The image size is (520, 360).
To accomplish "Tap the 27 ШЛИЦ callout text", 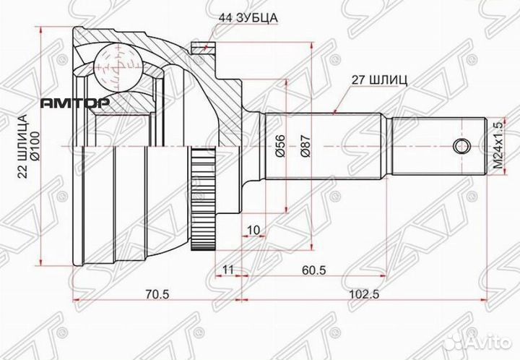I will pos(380,80).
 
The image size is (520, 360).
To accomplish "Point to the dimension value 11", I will pos(229,270).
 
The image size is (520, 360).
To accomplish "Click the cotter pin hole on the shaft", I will pos(459,147).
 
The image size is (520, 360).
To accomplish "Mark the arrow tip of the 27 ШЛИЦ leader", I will pos(336,113).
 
